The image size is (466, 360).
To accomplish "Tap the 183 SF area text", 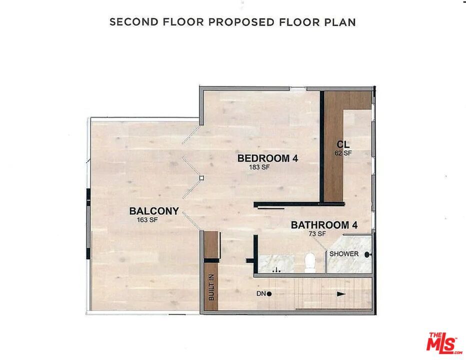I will point(259,168).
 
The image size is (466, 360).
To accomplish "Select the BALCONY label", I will point(153,211).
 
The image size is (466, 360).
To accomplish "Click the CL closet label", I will point(343,145).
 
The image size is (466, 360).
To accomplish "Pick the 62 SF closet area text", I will point(343,153).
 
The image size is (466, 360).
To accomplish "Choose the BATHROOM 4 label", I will point(324,225).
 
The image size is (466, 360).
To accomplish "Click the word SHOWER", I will point(344,254).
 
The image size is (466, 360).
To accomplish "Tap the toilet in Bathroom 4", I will point(309,262).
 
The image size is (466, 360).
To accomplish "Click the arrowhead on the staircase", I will point(341,294).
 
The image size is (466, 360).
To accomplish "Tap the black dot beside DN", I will point(269,294).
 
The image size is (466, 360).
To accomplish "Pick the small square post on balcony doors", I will point(201,177).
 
